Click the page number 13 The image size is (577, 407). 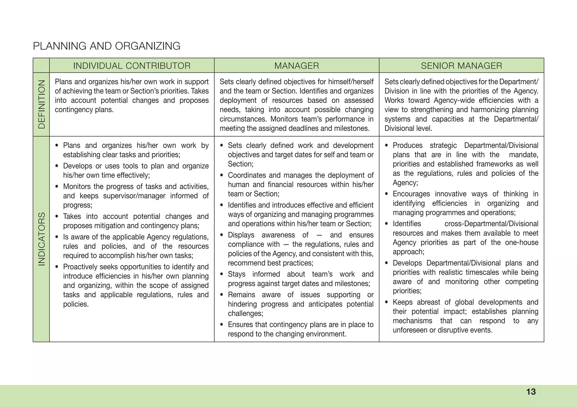coord(531,392)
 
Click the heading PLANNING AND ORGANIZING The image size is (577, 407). coord(106,46)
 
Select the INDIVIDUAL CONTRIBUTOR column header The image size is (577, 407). coord(132,66)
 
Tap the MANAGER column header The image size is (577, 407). coord(297,66)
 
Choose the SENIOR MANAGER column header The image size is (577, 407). coord(461,66)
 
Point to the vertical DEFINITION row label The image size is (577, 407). coord(41,104)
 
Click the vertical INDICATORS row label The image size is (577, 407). coord(41,239)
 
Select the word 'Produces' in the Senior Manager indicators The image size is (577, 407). coord(407,146)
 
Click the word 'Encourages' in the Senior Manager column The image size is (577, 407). coord(411,194)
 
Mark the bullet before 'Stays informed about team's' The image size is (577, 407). coord(222,274)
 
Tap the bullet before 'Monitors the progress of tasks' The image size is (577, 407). coord(57,187)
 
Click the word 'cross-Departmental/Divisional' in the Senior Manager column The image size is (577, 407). coord(491,224)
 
